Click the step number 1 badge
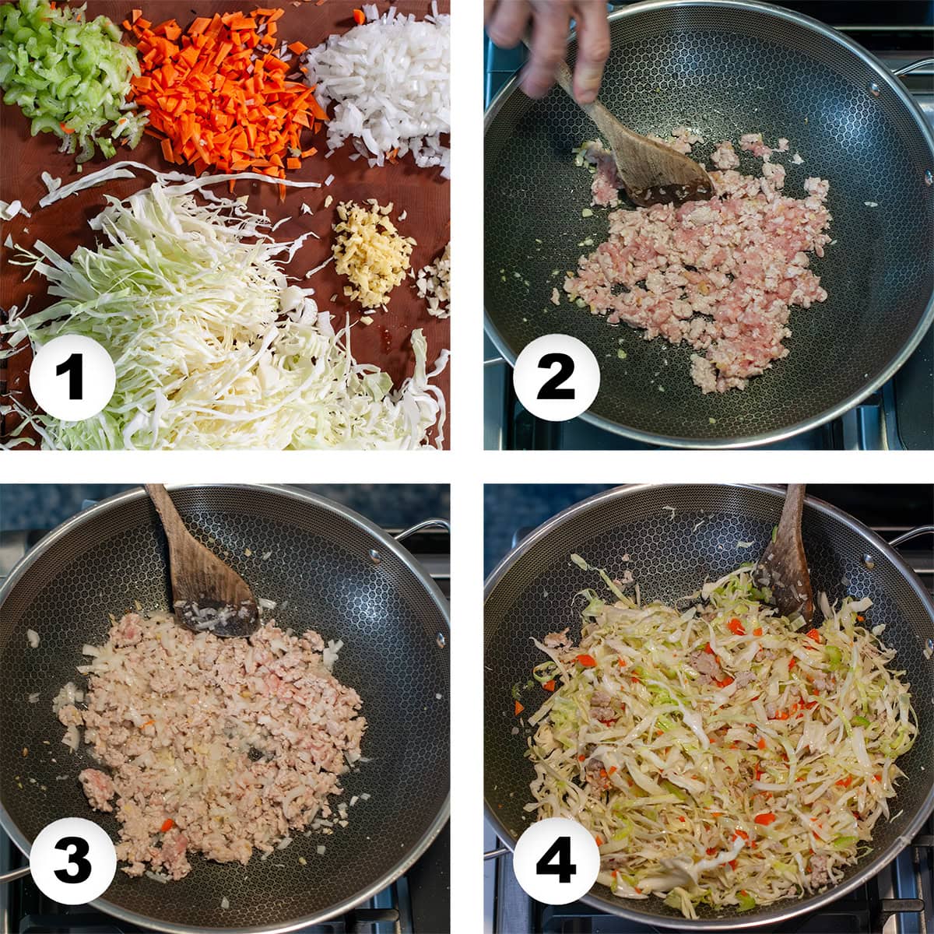coord(72,377)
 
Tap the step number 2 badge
coord(556,377)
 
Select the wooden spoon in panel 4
coord(785,562)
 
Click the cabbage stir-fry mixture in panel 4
coord(718,727)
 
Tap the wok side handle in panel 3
coord(423,528)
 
